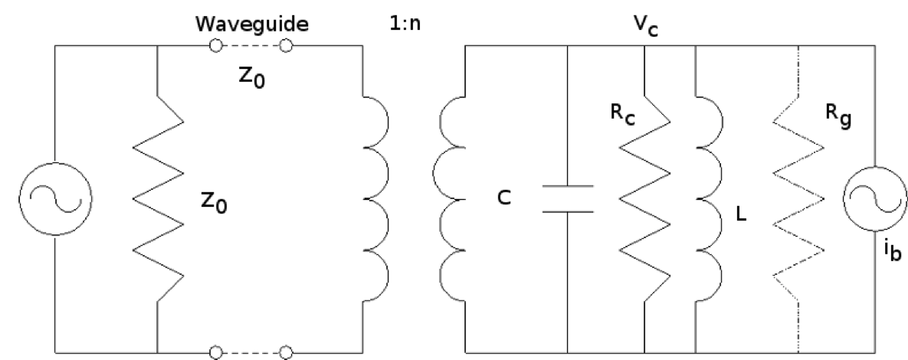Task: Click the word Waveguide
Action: [x=251, y=24]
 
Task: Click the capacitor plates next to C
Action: [x=567, y=198]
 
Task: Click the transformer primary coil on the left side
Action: [x=375, y=195]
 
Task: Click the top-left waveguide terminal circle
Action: [x=216, y=47]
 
